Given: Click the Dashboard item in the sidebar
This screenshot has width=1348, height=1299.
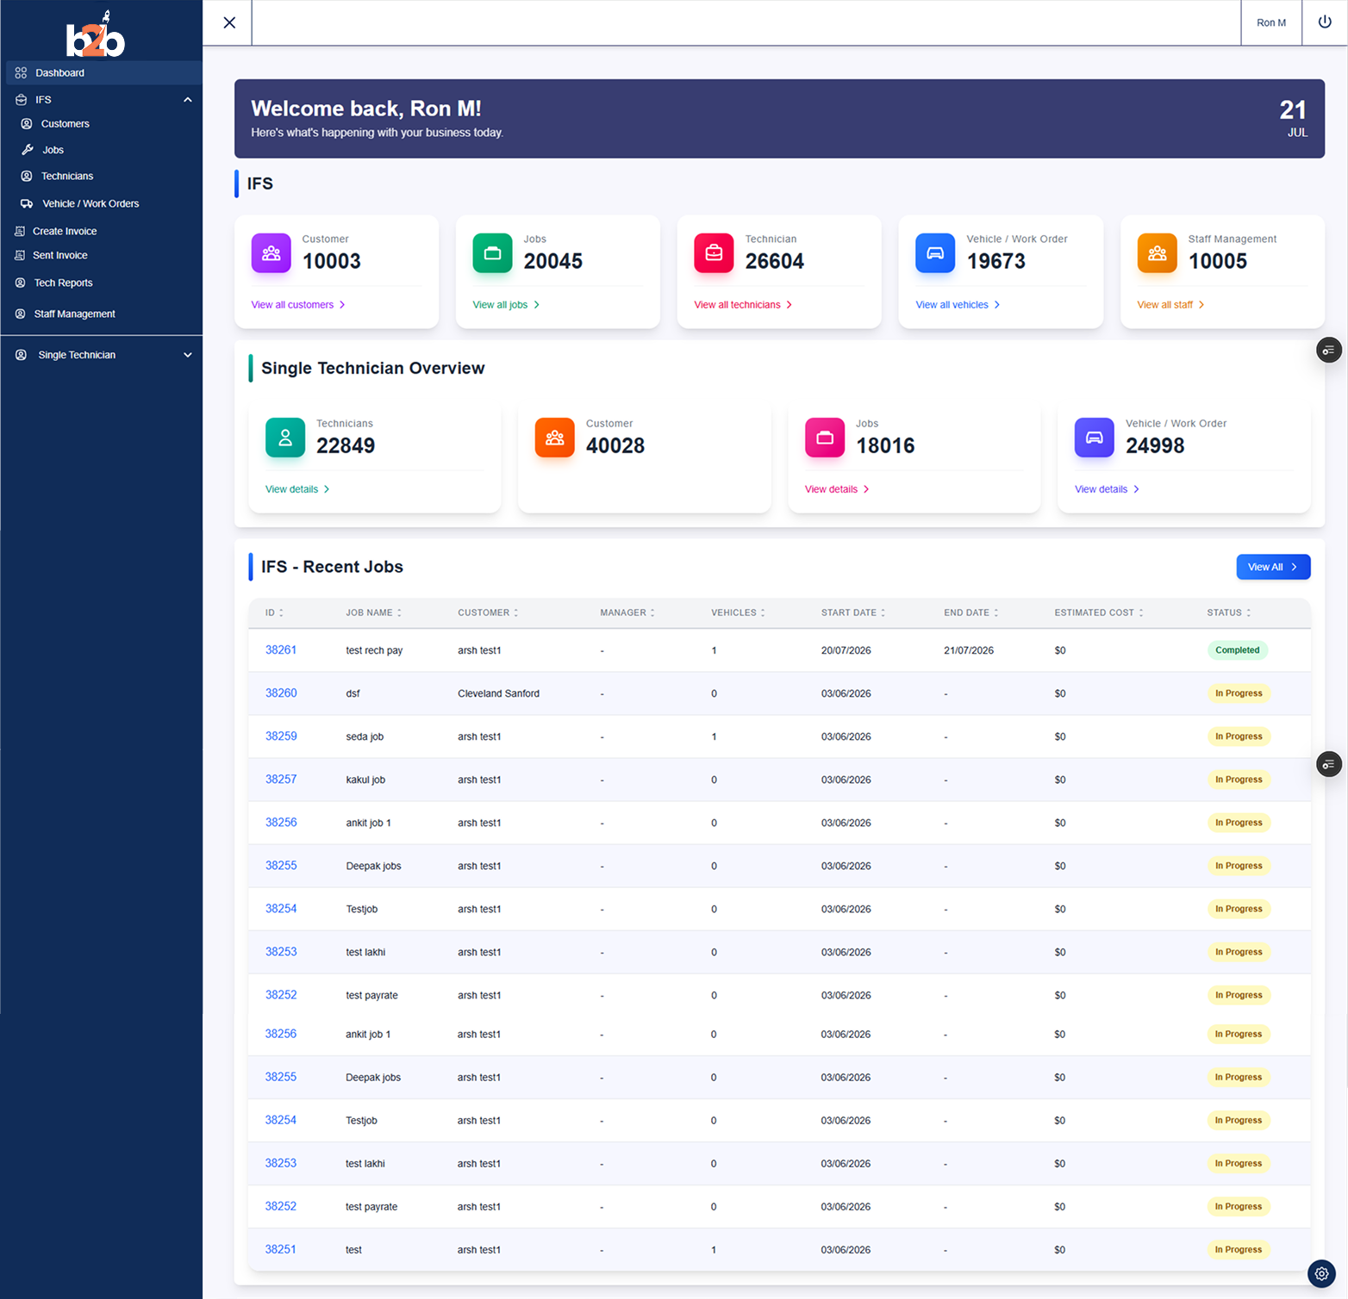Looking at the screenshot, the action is pyautogui.click(x=59, y=73).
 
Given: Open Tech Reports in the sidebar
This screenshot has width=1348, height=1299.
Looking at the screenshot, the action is pyautogui.click(x=63, y=283).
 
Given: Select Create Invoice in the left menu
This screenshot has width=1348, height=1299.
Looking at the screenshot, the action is pyautogui.click(x=65, y=232).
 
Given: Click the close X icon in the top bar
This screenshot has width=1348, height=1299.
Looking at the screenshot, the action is pyautogui.click(x=229, y=22).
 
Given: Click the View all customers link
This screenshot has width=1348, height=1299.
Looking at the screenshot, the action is pyautogui.click(x=298, y=305).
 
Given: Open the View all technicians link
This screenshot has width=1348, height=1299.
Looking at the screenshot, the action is pyautogui.click(x=743, y=305).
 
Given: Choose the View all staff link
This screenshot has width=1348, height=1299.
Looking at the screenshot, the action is pyautogui.click(x=1170, y=305).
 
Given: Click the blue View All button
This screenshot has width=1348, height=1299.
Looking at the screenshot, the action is pyautogui.click(x=1273, y=567).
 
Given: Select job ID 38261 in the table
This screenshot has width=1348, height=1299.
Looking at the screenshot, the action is pyautogui.click(x=281, y=649).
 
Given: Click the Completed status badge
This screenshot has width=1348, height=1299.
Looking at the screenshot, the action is pyautogui.click(x=1237, y=650).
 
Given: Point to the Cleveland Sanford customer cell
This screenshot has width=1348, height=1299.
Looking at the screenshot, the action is pyautogui.click(x=498, y=693).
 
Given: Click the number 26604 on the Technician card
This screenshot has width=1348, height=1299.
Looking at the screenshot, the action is pyautogui.click(x=774, y=261).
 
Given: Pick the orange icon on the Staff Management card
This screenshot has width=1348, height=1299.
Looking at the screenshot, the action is pyautogui.click(x=1157, y=253).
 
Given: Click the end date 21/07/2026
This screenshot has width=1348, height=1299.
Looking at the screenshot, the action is pyautogui.click(x=969, y=650).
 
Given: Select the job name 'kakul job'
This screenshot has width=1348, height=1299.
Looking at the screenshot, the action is pyautogui.click(x=365, y=780).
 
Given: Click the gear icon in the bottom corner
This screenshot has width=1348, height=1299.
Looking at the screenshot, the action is pyautogui.click(x=1321, y=1273).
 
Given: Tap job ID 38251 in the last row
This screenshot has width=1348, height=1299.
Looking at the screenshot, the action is pyautogui.click(x=280, y=1249).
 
